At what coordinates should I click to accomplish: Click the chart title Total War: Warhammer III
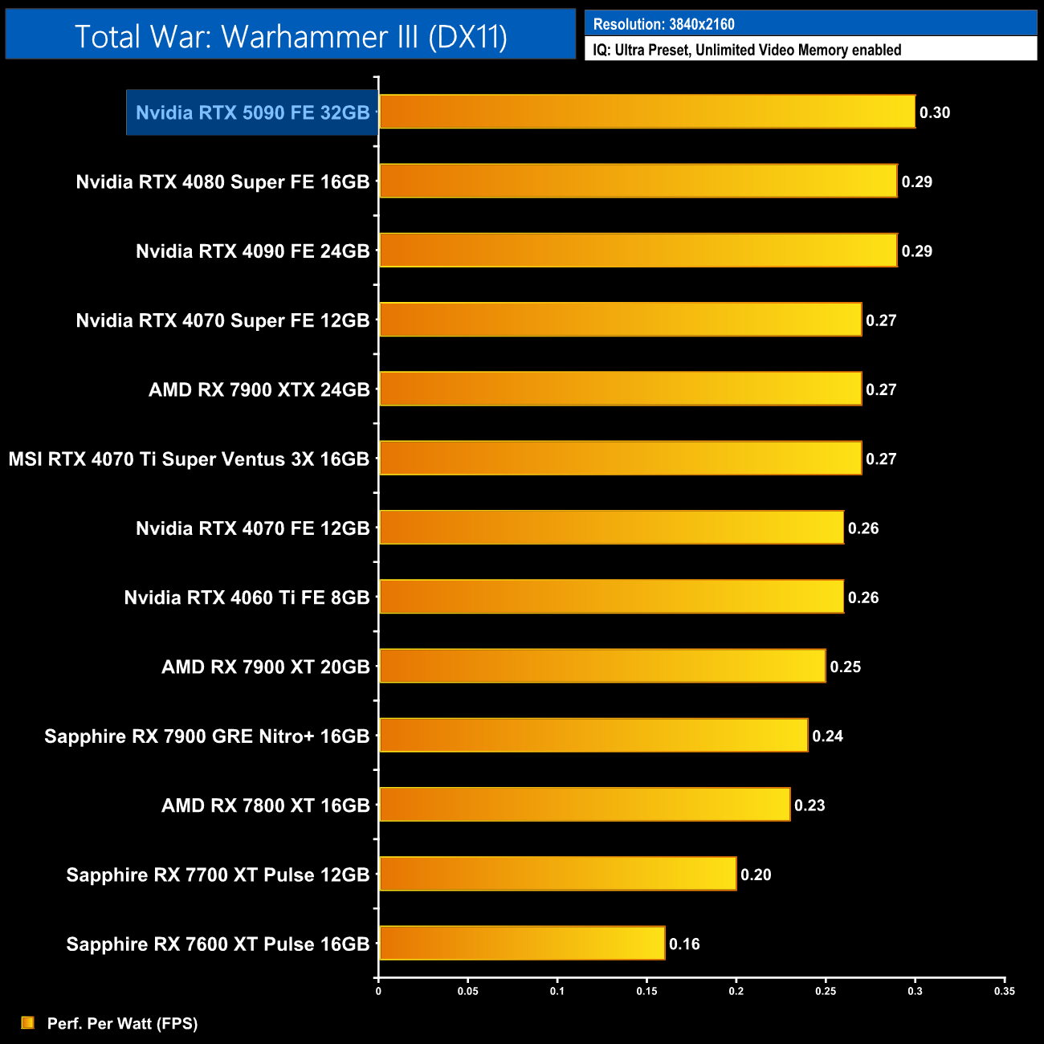(x=291, y=36)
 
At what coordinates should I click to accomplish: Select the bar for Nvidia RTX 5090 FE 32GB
(x=646, y=112)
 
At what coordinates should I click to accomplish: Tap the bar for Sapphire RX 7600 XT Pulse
(x=522, y=943)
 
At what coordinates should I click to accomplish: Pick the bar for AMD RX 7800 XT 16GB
(x=585, y=805)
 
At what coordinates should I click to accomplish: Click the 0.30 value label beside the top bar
(x=935, y=112)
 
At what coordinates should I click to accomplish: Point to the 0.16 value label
(x=684, y=944)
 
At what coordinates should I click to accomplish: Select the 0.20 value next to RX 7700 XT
(x=756, y=875)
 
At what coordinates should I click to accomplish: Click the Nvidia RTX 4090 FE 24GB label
(x=252, y=251)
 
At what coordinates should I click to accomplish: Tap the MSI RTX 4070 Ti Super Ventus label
(x=189, y=459)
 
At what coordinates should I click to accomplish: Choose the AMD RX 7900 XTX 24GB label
(x=259, y=390)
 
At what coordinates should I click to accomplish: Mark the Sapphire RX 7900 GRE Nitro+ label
(x=206, y=736)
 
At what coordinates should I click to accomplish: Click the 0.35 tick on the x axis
(x=1005, y=991)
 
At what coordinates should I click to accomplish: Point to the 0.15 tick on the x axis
(x=646, y=991)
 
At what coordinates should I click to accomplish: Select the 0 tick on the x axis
(x=378, y=991)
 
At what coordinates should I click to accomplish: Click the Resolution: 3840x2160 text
(x=663, y=24)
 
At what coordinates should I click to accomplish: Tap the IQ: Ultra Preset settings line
(x=747, y=50)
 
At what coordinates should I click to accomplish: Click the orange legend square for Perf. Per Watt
(x=28, y=1022)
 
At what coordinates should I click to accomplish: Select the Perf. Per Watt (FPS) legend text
(x=122, y=1023)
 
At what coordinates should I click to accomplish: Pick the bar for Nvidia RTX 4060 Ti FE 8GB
(x=611, y=597)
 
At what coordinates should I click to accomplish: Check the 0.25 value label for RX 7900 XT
(x=846, y=667)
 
